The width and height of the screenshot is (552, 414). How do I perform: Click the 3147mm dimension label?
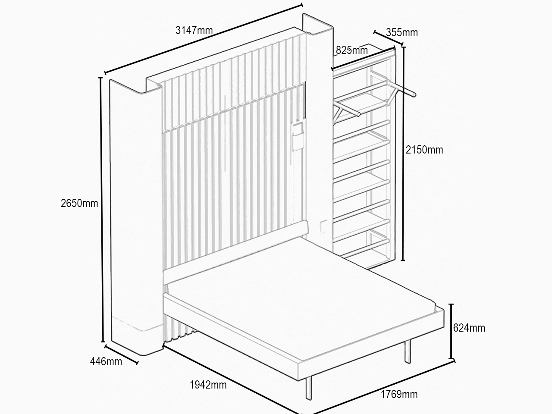(x=194, y=31)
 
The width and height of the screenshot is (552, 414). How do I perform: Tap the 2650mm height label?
(x=79, y=203)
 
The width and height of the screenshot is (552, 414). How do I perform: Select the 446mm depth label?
(x=106, y=361)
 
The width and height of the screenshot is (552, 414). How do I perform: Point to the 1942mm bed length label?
(x=208, y=385)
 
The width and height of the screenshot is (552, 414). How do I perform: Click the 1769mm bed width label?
(x=399, y=394)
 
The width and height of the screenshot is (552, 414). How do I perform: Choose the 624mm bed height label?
(x=469, y=328)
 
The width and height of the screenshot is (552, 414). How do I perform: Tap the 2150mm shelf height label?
(x=424, y=150)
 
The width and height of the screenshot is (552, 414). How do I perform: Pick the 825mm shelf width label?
(x=352, y=50)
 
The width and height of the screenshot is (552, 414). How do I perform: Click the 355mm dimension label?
(x=402, y=32)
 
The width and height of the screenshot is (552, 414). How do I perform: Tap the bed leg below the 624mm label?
(x=408, y=351)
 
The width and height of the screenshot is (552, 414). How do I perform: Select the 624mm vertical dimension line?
(x=452, y=331)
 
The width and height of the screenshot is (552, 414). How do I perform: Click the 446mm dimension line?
(x=121, y=354)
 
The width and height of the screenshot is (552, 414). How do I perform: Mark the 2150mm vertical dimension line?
(x=403, y=154)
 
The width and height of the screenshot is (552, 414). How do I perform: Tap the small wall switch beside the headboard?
(x=323, y=226)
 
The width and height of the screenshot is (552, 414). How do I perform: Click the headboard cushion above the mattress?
(x=235, y=252)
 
